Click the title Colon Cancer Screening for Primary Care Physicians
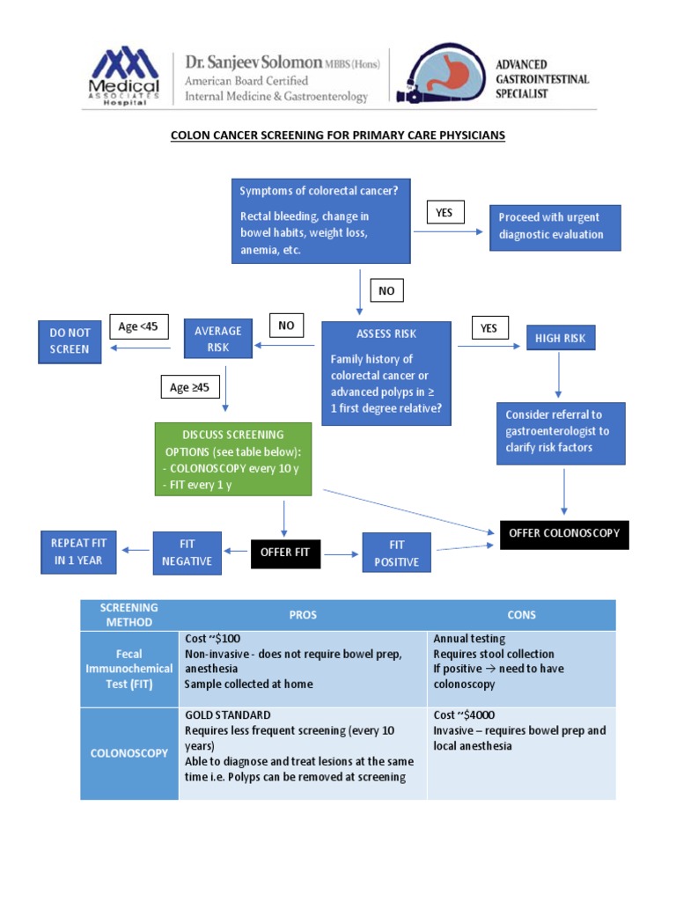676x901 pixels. pos(338,136)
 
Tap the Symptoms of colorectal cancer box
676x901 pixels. pos(321,221)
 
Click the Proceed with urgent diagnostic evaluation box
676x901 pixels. pos(555,228)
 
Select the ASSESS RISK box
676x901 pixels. pos(386,373)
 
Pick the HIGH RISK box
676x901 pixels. pos(561,338)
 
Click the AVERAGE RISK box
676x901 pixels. pos(217,339)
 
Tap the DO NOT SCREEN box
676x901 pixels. pos(70,341)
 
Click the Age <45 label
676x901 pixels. pos(139,327)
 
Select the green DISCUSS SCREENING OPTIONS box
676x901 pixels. pos(233,459)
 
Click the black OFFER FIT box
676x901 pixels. pos(285,553)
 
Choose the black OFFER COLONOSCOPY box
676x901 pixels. pos(564,533)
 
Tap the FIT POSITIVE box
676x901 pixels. pos(396,553)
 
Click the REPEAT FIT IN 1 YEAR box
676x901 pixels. pos(77,552)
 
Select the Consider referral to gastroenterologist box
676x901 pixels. pos(561,433)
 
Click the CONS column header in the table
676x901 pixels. pos(521,615)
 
